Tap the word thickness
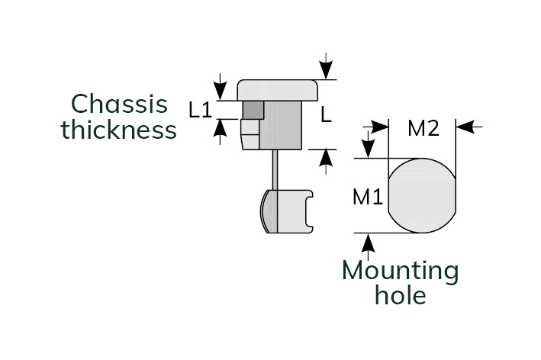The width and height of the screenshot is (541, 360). (119, 130)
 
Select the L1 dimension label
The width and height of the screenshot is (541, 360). (200, 110)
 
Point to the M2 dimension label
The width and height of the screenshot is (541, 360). (423, 129)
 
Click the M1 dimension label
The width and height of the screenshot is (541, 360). (367, 198)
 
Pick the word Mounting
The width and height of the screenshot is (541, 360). (401, 270)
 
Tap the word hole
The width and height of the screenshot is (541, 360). (401, 295)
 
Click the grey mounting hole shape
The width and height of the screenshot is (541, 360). (422, 196)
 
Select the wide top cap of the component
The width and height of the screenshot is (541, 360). (278, 90)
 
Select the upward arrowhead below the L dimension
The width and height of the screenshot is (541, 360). (326, 158)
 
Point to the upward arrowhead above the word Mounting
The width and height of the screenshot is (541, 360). (369, 243)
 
